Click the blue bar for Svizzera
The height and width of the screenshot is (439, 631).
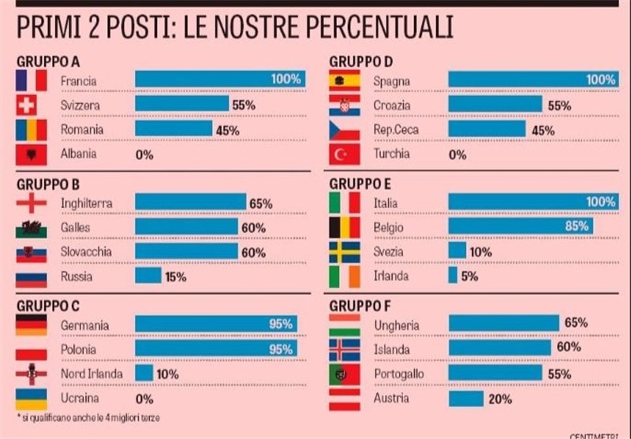point(181,104)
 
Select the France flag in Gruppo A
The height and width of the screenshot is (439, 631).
point(32,80)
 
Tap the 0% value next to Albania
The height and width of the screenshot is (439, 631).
point(144,154)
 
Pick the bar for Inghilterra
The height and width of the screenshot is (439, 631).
point(190,203)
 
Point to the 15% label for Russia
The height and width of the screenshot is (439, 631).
point(176,277)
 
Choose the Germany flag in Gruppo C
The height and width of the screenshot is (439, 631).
point(32,325)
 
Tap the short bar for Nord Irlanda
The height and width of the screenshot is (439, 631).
point(144,374)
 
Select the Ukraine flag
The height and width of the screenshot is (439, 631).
point(32,398)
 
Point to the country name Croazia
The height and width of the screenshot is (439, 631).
point(393,104)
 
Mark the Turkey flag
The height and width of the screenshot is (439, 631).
point(344,154)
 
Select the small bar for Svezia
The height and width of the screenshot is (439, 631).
point(457,251)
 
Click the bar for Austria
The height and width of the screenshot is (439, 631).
point(465,399)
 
